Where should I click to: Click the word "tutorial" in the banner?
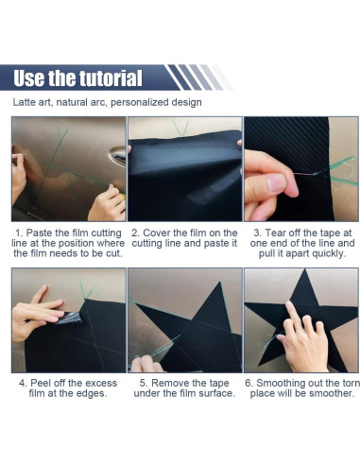click(111, 78)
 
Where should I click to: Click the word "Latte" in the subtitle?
click(24, 102)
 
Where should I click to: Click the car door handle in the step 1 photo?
click(118, 156)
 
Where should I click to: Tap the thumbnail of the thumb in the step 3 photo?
click(276, 183)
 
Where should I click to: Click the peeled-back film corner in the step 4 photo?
click(70, 318)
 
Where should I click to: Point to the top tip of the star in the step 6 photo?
click(304, 269)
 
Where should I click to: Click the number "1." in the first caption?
click(19, 233)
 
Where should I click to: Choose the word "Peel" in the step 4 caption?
click(40, 383)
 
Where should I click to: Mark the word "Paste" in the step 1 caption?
click(39, 233)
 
